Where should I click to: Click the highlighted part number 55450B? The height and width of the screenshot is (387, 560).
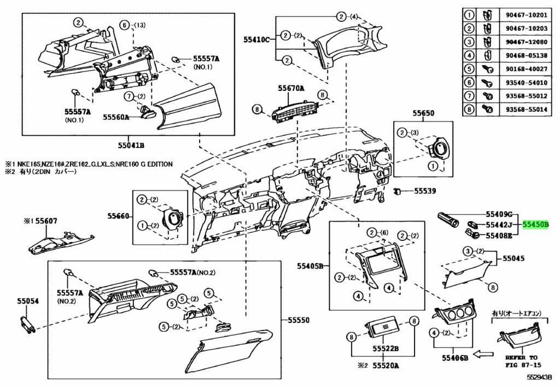pyautogui.click(x=535, y=225)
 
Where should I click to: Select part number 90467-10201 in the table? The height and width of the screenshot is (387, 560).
pyautogui.click(x=526, y=15)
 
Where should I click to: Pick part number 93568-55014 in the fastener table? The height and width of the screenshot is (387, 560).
pyautogui.click(x=526, y=109)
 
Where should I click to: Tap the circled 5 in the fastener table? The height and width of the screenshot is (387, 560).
pyautogui.click(x=469, y=68)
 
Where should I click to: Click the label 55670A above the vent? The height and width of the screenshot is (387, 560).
pyautogui.click(x=291, y=88)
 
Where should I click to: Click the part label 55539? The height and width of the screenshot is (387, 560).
pyautogui.click(x=425, y=191)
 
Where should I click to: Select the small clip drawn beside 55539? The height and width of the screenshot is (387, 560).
pyautogui.click(x=397, y=192)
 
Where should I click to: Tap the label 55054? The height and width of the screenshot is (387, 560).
pyautogui.click(x=27, y=301)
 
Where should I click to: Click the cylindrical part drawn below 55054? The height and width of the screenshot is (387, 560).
pyautogui.click(x=27, y=325)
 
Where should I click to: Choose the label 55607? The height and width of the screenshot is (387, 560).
pyautogui.click(x=46, y=222)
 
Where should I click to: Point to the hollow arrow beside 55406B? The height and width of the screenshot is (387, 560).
pyautogui.click(x=483, y=355)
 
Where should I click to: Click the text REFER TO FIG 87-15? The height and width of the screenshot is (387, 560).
pyautogui.click(x=521, y=361)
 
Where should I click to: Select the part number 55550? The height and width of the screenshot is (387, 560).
pyautogui.click(x=299, y=320)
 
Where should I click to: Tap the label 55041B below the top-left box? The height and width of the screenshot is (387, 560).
pyautogui.click(x=131, y=146)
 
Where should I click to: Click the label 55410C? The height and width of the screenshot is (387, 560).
pyautogui.click(x=257, y=39)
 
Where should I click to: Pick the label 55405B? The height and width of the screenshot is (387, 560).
pyautogui.click(x=310, y=266)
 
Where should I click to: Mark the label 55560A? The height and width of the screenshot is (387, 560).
pyautogui.click(x=116, y=117)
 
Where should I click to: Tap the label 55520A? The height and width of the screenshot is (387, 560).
pyautogui.click(x=386, y=366)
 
